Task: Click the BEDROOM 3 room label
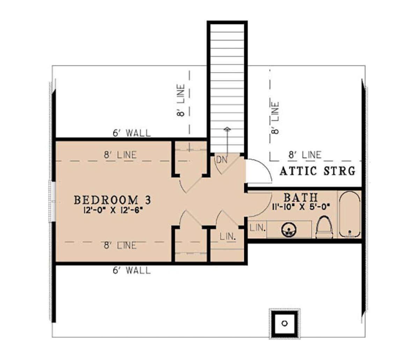coord(112,200)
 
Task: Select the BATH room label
coord(300,197)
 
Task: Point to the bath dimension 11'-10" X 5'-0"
coord(301,207)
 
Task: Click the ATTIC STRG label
coord(317,171)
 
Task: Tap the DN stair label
coord(222,160)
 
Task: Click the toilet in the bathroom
coord(324,227)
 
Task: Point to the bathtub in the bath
coord(350,214)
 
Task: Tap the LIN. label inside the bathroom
coord(257,228)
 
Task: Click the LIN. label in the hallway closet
coord(228,236)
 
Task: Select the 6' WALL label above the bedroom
coord(132,133)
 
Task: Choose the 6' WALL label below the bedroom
coord(132,270)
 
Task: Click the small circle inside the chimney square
coord(285,323)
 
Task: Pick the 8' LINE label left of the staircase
coord(181,100)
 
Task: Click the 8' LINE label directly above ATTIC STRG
coord(305,155)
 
